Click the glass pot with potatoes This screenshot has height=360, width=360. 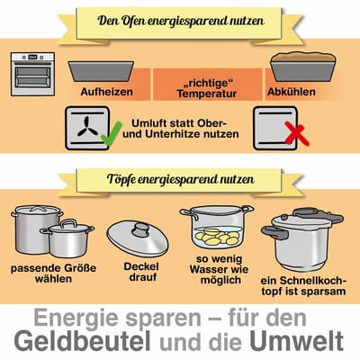coord(215,229)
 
